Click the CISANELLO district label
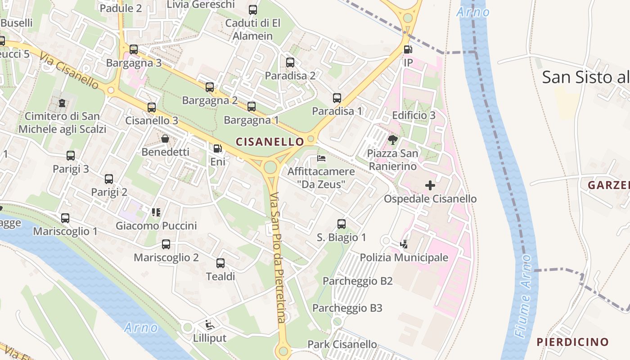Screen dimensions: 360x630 pyautogui.click(x=270, y=142)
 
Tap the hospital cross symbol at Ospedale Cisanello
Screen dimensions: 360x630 pyautogui.click(x=430, y=185)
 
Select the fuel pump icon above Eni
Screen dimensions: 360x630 pyautogui.click(x=217, y=148)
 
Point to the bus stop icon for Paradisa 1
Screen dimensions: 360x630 pyautogui.click(x=337, y=98)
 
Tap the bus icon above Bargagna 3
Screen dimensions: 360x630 pyautogui.click(x=134, y=49)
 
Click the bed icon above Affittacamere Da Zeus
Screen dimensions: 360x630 pyautogui.click(x=321, y=158)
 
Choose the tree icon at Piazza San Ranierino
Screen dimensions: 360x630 pyautogui.click(x=393, y=139)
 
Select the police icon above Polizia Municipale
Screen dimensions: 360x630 pyautogui.click(x=404, y=244)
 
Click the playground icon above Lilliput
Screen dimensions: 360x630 pyautogui.click(x=209, y=324)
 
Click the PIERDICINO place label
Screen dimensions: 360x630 pyautogui.click(x=572, y=342)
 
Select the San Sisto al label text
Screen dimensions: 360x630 pyautogui.click(x=585, y=77)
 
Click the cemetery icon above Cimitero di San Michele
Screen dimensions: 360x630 pyautogui.click(x=62, y=103)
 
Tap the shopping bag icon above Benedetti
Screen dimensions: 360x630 pyautogui.click(x=165, y=139)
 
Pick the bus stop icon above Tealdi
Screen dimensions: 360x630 pyautogui.click(x=220, y=263)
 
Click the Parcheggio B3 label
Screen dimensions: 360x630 pyautogui.click(x=347, y=308)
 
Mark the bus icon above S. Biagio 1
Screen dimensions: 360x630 pyautogui.click(x=342, y=224)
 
